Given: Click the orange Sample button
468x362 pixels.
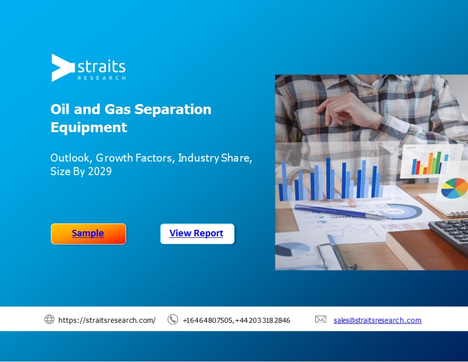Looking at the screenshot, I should (x=88, y=234).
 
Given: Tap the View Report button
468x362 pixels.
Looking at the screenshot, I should (x=197, y=234).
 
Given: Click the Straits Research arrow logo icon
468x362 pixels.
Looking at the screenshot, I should (x=62, y=67).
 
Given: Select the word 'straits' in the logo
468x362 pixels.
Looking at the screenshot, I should (x=102, y=66).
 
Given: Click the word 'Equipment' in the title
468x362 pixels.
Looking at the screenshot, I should (x=88, y=127).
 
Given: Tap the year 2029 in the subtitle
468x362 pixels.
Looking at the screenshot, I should (x=100, y=171).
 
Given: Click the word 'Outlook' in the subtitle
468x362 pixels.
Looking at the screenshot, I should (x=69, y=158).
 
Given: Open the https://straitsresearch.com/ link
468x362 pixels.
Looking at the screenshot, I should (x=107, y=320).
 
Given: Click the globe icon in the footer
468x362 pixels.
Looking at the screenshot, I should (x=49, y=319).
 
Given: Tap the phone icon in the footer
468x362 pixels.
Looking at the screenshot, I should (x=172, y=319).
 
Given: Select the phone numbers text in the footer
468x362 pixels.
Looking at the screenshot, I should (x=236, y=320).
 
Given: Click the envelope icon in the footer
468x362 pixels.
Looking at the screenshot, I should (x=321, y=319).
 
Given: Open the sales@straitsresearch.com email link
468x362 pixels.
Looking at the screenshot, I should (x=378, y=320).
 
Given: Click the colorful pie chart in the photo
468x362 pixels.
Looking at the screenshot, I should (x=454, y=188).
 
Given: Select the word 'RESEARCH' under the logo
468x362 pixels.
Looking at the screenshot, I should (x=102, y=78).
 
